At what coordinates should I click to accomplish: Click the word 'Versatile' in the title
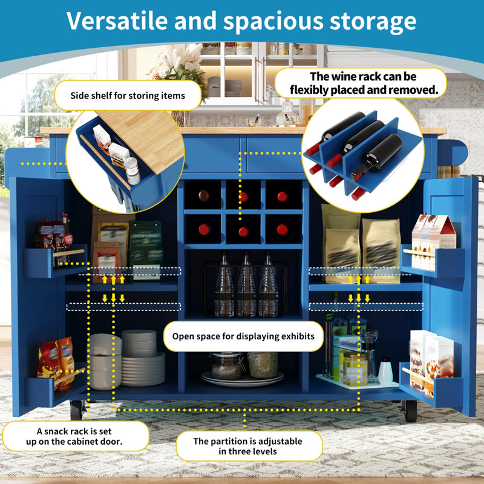coord(117,21)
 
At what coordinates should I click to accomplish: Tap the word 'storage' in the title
coord(373,22)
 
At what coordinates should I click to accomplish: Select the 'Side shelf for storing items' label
coord(128,96)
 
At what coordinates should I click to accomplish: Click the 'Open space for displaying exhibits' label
coord(243,336)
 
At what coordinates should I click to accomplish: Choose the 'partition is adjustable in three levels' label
coord(248,446)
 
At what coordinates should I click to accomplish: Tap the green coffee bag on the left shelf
coord(146,250)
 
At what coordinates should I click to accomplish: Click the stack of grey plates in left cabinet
coord(143,358)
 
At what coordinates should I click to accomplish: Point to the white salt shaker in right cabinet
coord(385,371)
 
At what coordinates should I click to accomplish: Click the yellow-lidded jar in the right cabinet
coord(355,368)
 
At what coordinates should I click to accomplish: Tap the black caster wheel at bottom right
coord(411,411)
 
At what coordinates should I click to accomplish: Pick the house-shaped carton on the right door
coord(433,241)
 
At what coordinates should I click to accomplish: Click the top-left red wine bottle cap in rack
coord(203,195)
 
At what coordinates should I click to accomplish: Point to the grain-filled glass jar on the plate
coord(263,365)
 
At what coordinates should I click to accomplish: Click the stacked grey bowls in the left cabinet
coord(105,361)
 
